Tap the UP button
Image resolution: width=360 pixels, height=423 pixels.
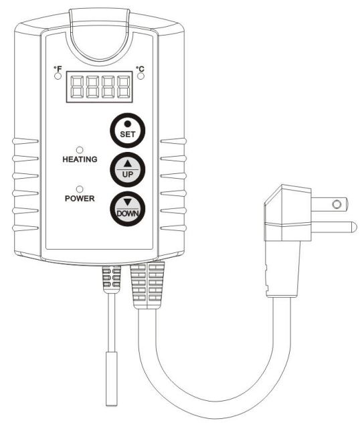click(x=128, y=170)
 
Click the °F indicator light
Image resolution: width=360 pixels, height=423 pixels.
click(x=58, y=76)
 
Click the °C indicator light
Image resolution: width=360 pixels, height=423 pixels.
click(x=141, y=76)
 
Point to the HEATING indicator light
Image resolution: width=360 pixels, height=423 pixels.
click(x=80, y=150)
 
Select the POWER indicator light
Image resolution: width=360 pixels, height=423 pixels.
click(x=80, y=189)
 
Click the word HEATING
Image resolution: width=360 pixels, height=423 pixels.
click(x=80, y=159)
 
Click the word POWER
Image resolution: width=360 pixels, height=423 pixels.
click(x=80, y=199)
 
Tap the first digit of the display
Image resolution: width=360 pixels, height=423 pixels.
click(x=76, y=87)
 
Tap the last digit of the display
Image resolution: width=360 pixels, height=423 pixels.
click(x=124, y=87)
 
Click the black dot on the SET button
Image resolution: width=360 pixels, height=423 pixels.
click(x=128, y=124)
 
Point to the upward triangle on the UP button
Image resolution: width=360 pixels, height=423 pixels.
click(x=128, y=163)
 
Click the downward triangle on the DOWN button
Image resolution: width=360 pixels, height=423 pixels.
click(x=128, y=202)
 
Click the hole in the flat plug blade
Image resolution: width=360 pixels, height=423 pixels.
click(x=337, y=204)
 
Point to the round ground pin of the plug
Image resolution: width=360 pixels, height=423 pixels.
click(x=335, y=227)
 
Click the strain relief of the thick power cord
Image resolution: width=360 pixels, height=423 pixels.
click(x=148, y=285)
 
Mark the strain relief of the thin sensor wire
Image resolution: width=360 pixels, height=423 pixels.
click(x=111, y=279)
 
